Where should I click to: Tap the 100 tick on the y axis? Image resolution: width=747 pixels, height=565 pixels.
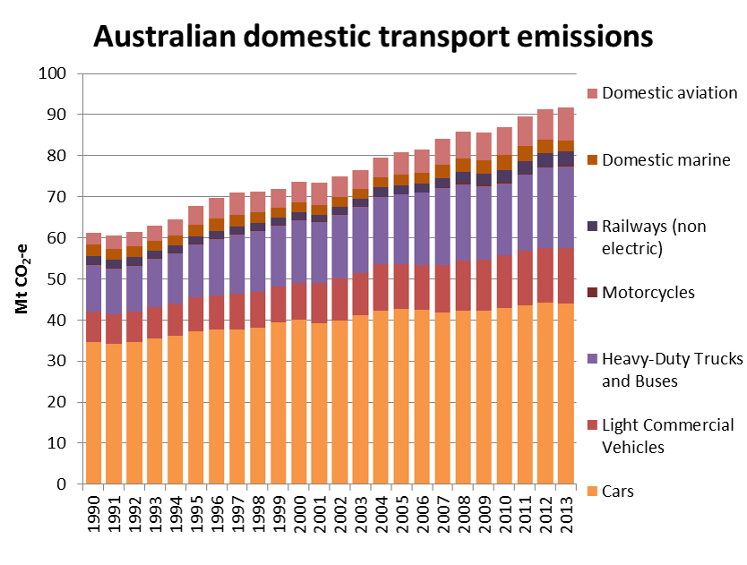tap(54, 73)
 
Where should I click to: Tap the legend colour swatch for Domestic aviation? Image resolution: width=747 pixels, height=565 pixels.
tap(591, 93)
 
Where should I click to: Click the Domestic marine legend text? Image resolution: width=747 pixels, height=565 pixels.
tap(666, 160)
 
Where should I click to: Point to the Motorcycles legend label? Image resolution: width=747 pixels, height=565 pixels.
tap(648, 292)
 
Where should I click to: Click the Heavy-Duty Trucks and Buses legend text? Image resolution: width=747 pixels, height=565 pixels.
tap(673, 370)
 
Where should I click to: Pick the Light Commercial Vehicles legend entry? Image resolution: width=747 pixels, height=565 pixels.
tap(668, 436)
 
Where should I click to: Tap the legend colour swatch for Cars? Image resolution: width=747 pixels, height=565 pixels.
tap(591, 492)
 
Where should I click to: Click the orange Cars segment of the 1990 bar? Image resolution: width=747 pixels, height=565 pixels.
tap(94, 413)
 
